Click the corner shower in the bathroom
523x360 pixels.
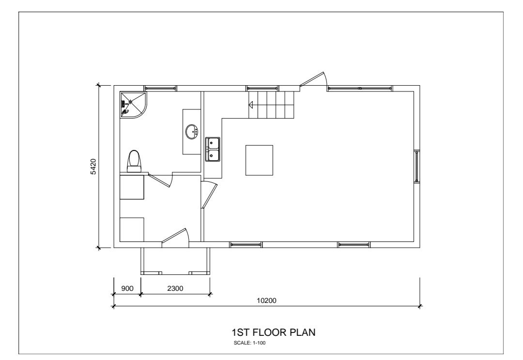click(x=133, y=105)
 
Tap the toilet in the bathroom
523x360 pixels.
click(x=134, y=161)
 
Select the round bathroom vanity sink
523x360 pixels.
click(x=192, y=132)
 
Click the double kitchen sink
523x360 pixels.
click(x=213, y=149)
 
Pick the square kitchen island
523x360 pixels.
click(x=259, y=160)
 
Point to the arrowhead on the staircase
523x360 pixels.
click(x=251, y=105)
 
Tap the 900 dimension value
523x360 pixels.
click(x=127, y=288)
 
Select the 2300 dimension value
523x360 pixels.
click(x=175, y=288)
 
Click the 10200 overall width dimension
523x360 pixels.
click(x=266, y=300)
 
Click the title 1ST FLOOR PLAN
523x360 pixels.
click(x=274, y=332)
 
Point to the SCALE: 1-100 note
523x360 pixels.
click(x=250, y=343)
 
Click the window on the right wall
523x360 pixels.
click(x=416, y=166)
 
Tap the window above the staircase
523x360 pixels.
click(x=262, y=89)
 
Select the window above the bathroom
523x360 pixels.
click(x=160, y=89)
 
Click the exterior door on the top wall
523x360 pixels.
click(x=313, y=80)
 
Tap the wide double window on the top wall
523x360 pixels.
click(x=360, y=89)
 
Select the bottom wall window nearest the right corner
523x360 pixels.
click(x=354, y=245)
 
